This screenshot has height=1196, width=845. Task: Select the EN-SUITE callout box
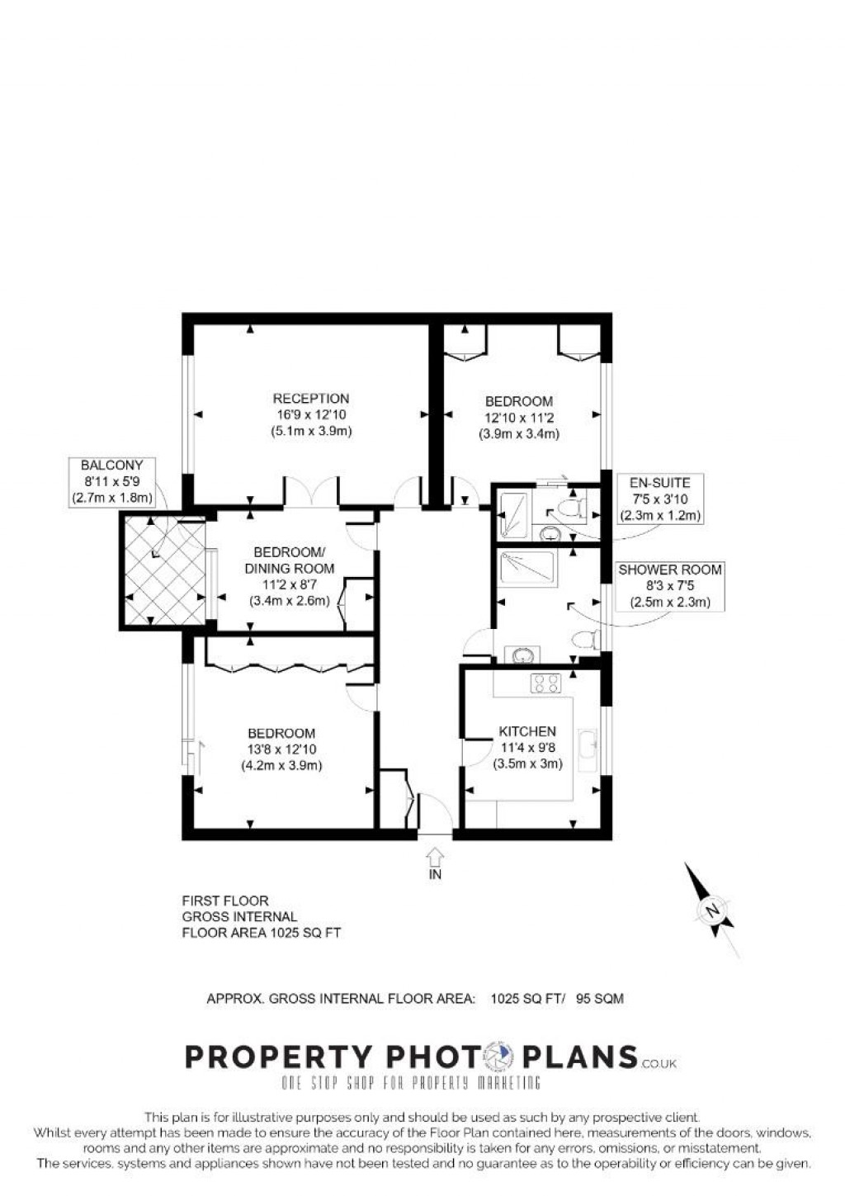pyautogui.click(x=659, y=499)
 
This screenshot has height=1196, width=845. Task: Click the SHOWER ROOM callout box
pyautogui.click(x=670, y=586)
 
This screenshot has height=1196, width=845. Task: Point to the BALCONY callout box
pyautogui.click(x=112, y=481)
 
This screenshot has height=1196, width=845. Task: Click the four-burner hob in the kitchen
pyautogui.click(x=545, y=683)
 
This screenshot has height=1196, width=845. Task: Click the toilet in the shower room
pyautogui.click(x=587, y=639)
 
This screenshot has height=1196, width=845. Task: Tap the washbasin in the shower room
pyautogui.click(x=522, y=655)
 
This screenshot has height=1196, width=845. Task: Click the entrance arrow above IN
pyautogui.click(x=435, y=855)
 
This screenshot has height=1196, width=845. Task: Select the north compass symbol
pyautogui.click(x=710, y=910)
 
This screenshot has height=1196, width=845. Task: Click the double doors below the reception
pyautogui.click(x=312, y=493)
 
